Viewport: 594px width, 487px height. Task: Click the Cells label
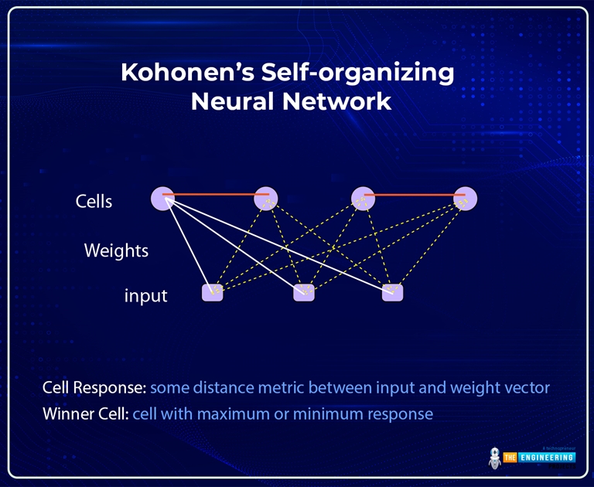94,202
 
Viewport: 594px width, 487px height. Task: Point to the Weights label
116,250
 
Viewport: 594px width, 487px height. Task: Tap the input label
145,296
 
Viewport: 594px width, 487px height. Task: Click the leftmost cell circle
162,198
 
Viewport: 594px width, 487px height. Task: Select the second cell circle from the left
266,198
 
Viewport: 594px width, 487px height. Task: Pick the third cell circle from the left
363,198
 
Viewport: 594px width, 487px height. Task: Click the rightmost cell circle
466,198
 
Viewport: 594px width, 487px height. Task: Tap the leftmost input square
212,292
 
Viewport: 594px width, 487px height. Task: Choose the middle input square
304,292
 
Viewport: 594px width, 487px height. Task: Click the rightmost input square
393,292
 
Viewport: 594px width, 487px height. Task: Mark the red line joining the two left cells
215,194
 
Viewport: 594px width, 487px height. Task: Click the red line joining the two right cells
415,195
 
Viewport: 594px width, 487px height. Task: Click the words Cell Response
94,387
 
